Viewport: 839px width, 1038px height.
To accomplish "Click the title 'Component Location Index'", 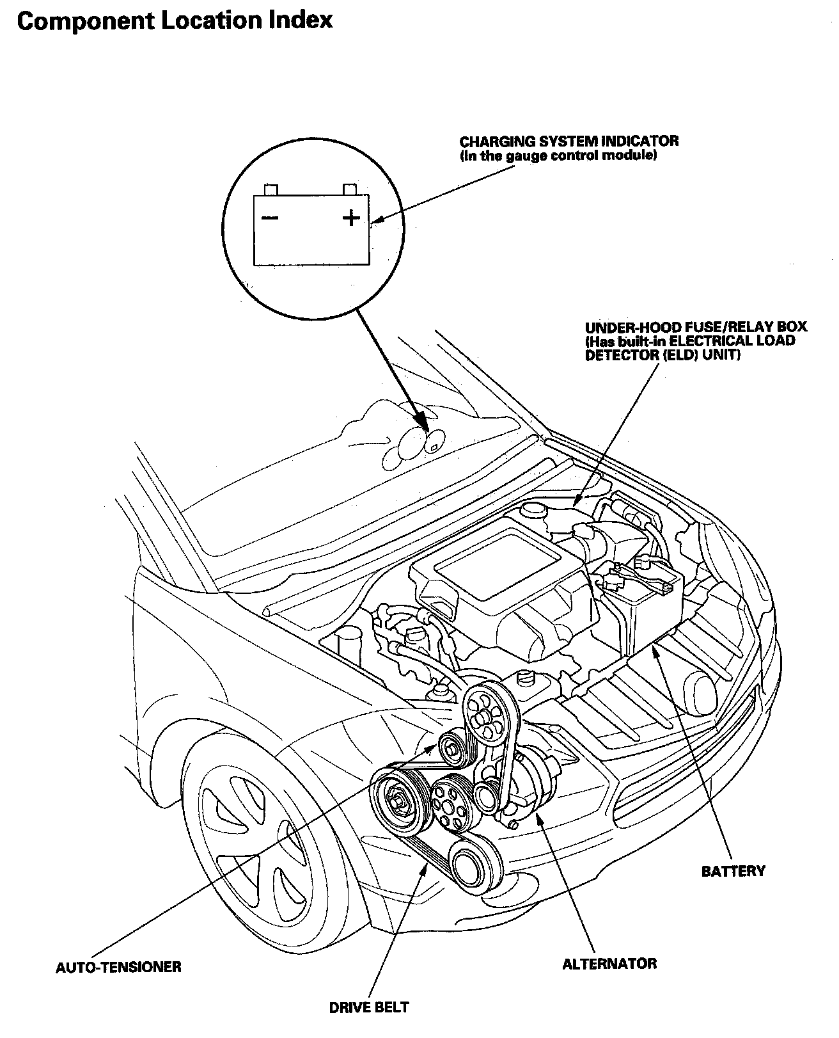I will tap(175, 20).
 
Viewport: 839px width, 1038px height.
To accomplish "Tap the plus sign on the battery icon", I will tap(351, 218).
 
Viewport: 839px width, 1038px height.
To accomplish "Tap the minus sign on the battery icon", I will tap(269, 218).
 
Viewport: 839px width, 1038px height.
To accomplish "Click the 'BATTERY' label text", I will tap(733, 871).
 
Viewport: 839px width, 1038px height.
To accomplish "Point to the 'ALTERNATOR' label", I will tap(609, 964).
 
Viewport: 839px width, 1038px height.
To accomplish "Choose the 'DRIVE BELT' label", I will tap(368, 1007).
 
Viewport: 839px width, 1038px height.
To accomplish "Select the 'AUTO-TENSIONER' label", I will tap(118, 966).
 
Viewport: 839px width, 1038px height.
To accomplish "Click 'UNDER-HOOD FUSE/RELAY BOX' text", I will tap(696, 327).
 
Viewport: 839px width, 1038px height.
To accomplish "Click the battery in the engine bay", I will tap(646, 608).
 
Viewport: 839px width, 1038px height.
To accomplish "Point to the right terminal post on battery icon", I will tap(349, 189).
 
